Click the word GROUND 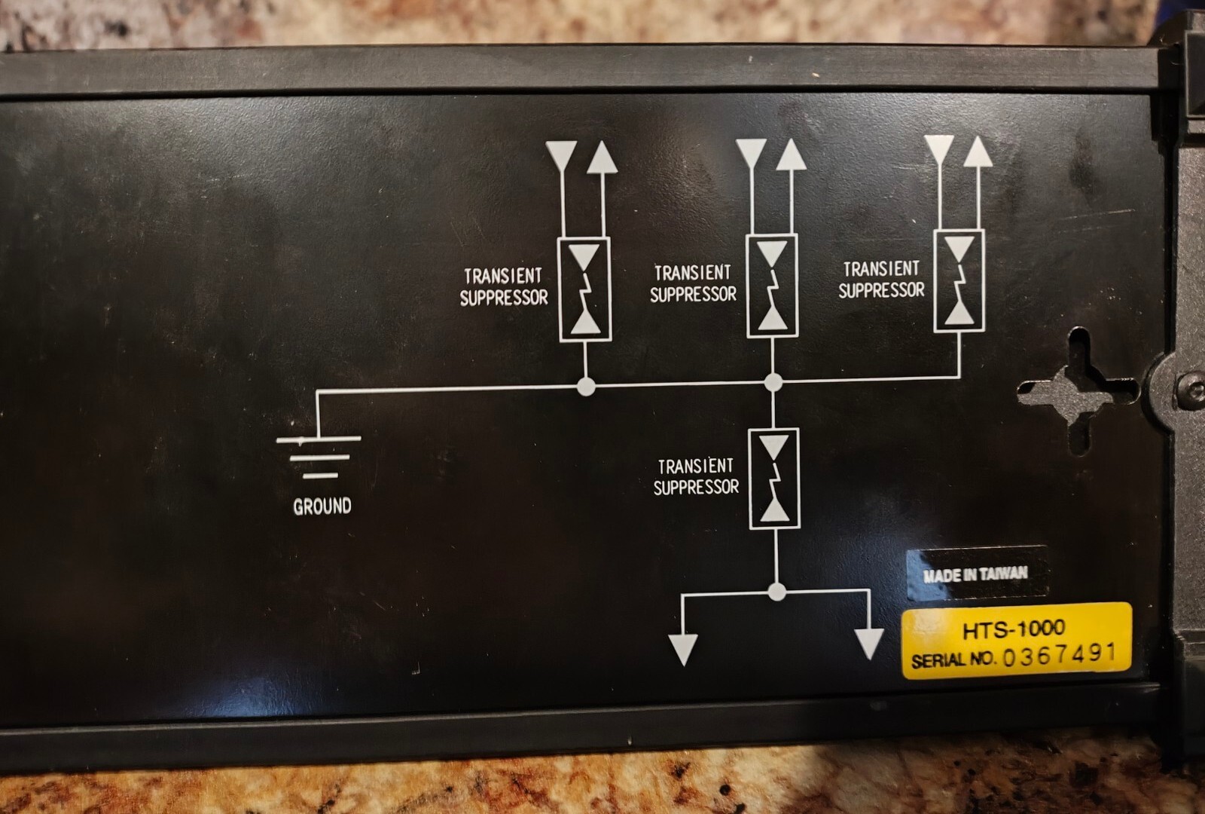(x=322, y=506)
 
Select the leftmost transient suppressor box (x=584, y=289)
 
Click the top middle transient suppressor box (x=773, y=286)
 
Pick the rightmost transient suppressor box (x=959, y=281)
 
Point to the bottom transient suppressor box (x=774, y=479)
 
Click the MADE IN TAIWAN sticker (x=975, y=574)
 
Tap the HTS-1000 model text (x=1014, y=628)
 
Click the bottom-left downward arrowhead (x=683, y=649)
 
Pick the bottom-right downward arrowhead (x=868, y=644)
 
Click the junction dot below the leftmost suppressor (x=585, y=387)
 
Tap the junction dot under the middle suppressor (x=773, y=382)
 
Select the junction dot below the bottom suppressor (x=776, y=592)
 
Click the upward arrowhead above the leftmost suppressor (x=602, y=158)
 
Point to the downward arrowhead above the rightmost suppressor (x=939, y=149)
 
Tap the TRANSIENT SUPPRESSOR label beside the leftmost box (x=504, y=287)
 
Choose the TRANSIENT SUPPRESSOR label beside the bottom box (x=696, y=477)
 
